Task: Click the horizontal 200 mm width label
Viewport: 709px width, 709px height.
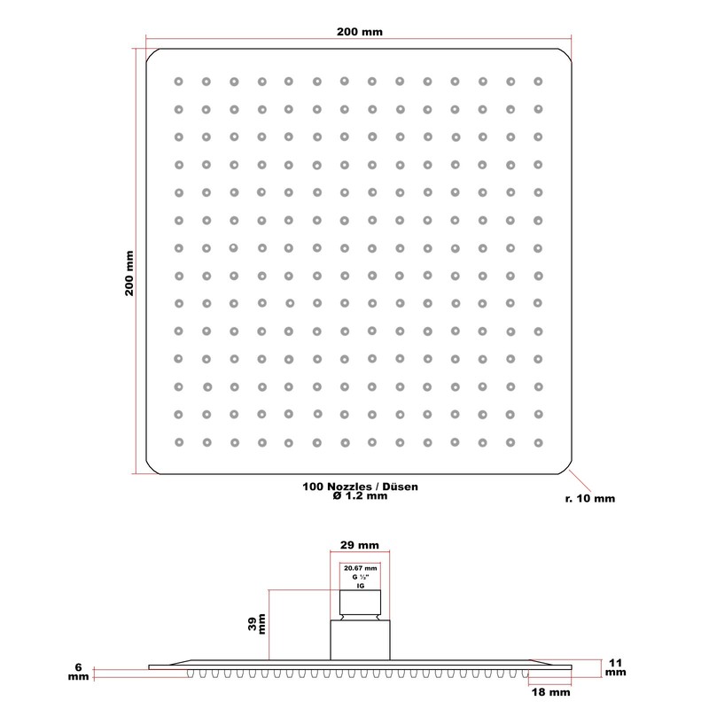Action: tap(360, 32)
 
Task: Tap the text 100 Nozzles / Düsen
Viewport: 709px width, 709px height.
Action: tap(360, 487)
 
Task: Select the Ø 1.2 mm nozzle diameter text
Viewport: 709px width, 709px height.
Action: tap(360, 498)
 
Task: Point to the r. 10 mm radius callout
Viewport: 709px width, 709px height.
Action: tap(589, 499)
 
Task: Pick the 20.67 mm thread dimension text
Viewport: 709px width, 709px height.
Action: tap(360, 568)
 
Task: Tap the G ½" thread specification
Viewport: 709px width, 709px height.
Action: tap(360, 578)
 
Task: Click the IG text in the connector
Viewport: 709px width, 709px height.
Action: tap(360, 588)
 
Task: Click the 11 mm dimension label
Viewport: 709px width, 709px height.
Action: tap(615, 667)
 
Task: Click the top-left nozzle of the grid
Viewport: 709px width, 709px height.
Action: tap(178, 82)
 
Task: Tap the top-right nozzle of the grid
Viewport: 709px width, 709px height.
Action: tap(537, 82)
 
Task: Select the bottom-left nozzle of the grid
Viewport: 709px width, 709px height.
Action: tap(178, 441)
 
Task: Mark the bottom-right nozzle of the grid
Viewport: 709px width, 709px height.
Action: tap(537, 441)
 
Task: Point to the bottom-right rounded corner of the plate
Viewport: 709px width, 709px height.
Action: tap(565, 468)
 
